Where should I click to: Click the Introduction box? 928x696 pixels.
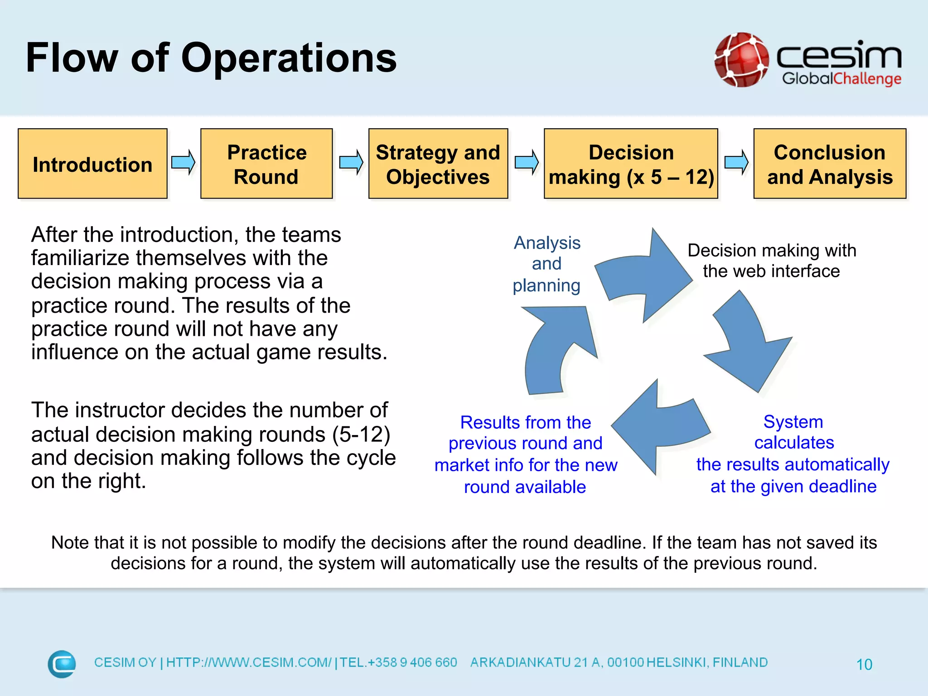[92, 164]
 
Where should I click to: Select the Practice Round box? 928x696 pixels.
[266, 164]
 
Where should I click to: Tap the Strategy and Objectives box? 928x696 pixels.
[438, 164]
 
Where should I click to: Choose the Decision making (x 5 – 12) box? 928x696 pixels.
[631, 164]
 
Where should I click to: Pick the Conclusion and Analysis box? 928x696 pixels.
[829, 164]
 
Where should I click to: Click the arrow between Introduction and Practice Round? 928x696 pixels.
[184, 162]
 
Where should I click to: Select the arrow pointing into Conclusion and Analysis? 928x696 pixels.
[736, 162]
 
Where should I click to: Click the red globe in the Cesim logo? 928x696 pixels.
[741, 60]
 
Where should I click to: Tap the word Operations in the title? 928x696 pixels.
[289, 58]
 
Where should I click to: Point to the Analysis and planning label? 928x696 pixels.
[546, 264]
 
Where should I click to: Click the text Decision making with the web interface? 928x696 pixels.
[771, 261]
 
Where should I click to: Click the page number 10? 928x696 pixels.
[864, 664]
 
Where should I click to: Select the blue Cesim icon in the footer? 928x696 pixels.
[62, 664]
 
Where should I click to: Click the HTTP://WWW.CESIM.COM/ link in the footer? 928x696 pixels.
[249, 662]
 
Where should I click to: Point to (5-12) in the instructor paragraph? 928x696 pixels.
[361, 434]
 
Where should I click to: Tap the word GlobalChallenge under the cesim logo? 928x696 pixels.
[841, 79]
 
